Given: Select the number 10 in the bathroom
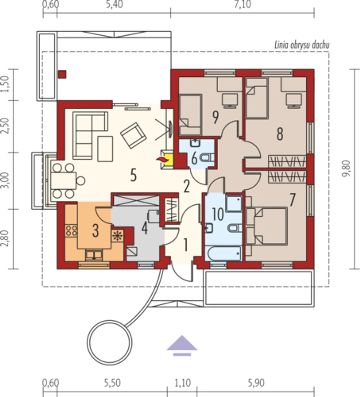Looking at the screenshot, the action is click(x=218, y=214).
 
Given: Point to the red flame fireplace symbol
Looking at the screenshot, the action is click(x=162, y=159).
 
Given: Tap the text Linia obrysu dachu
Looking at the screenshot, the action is click(x=302, y=45).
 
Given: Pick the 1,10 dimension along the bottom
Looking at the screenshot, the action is click(x=183, y=383).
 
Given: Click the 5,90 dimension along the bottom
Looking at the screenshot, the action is click(x=256, y=383).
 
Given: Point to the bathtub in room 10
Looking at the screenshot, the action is click(x=224, y=254).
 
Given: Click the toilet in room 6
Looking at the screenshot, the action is click(x=207, y=158).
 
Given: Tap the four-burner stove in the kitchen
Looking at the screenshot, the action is click(x=71, y=231).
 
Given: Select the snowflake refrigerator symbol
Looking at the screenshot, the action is click(x=117, y=236).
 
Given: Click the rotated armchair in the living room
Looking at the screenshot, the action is click(x=133, y=135).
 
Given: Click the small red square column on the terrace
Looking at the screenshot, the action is click(x=62, y=74).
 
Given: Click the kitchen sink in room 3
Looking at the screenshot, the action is click(x=94, y=255).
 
